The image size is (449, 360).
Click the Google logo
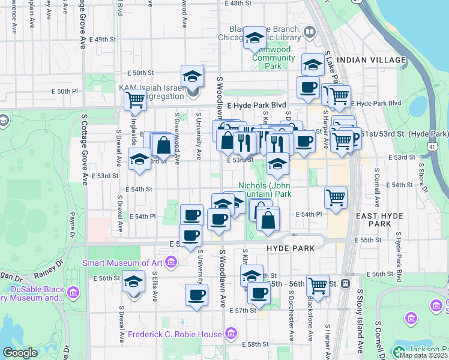pos(20,353)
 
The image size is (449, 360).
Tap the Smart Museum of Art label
pos(123,263)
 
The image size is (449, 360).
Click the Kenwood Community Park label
pos(273,58)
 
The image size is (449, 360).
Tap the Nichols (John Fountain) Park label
pos(265,190)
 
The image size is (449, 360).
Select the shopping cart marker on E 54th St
pos(336,197)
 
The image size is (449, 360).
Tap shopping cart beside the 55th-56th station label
pos(317,284)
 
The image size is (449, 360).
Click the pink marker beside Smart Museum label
pos(171,262)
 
